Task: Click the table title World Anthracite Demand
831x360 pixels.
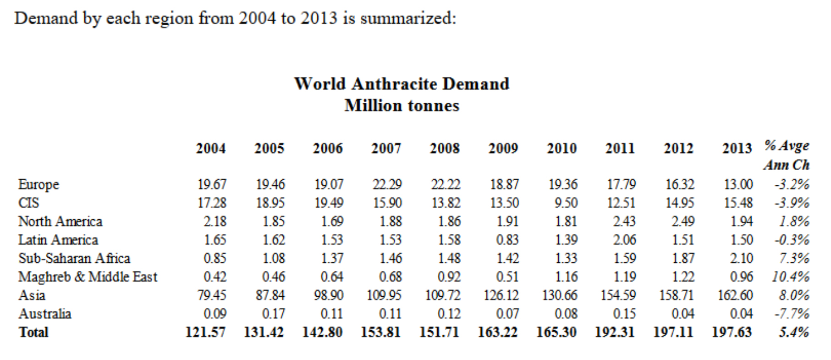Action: [402, 84]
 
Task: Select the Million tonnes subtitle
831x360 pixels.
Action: [402, 105]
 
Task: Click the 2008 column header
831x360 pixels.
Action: [445, 148]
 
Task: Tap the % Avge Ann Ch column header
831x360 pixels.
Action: [786, 155]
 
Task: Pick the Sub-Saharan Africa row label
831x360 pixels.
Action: [74, 258]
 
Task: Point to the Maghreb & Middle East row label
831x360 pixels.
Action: [88, 277]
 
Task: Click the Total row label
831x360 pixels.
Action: [33, 332]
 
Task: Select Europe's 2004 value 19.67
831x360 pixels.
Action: [212, 184]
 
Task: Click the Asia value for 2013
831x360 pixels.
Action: [735, 295]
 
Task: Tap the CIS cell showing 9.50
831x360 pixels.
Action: [566, 203]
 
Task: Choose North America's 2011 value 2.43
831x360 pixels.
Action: [624, 221]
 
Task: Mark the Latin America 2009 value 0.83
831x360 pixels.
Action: [507, 240]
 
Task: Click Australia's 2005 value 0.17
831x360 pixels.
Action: [273, 314]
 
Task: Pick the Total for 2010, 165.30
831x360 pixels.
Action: [556, 332]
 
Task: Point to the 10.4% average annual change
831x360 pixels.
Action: [790, 277]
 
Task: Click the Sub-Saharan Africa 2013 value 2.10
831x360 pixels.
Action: [741, 258]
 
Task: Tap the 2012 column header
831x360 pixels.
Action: [678, 148]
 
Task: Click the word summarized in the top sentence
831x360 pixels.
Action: [407, 18]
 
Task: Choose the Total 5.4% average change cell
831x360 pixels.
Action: [794, 332]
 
